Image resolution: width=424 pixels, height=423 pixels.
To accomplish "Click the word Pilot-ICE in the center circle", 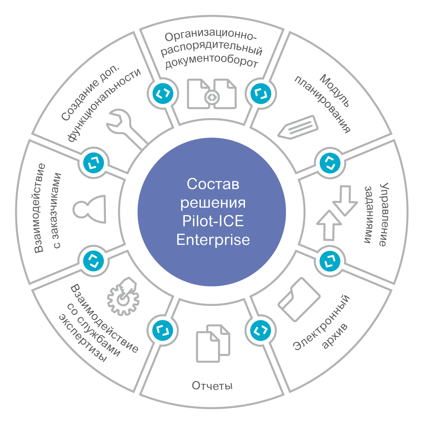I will pyautogui.click(x=213, y=221).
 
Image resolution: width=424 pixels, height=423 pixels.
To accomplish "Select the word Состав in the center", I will pyautogui.click(x=213, y=184).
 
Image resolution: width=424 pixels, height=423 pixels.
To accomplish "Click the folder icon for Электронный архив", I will pyautogui.click(x=299, y=299).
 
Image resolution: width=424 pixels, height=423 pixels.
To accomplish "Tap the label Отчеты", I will pyautogui.click(x=212, y=386).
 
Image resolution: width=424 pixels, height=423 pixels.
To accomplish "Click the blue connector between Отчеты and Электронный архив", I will pyautogui.click(x=261, y=330).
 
